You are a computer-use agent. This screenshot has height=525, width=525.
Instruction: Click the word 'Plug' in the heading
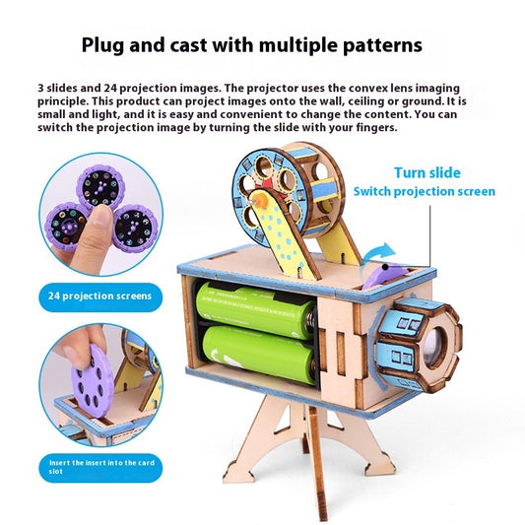point(102,45)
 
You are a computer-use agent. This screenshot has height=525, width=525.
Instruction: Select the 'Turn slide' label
point(427,172)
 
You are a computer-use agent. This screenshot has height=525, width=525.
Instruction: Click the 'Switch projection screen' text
point(425,191)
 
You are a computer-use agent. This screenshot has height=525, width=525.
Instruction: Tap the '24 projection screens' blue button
point(100,296)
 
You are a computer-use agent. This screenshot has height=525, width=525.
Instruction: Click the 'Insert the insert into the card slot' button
point(100,468)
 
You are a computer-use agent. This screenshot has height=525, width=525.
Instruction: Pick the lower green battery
point(259,354)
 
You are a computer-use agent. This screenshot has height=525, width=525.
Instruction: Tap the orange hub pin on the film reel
point(259,202)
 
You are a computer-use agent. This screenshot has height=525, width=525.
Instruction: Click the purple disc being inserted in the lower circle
point(91,381)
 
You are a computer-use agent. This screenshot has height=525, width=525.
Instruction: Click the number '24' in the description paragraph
point(109,88)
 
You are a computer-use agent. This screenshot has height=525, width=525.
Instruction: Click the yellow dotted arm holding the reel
point(282,234)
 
